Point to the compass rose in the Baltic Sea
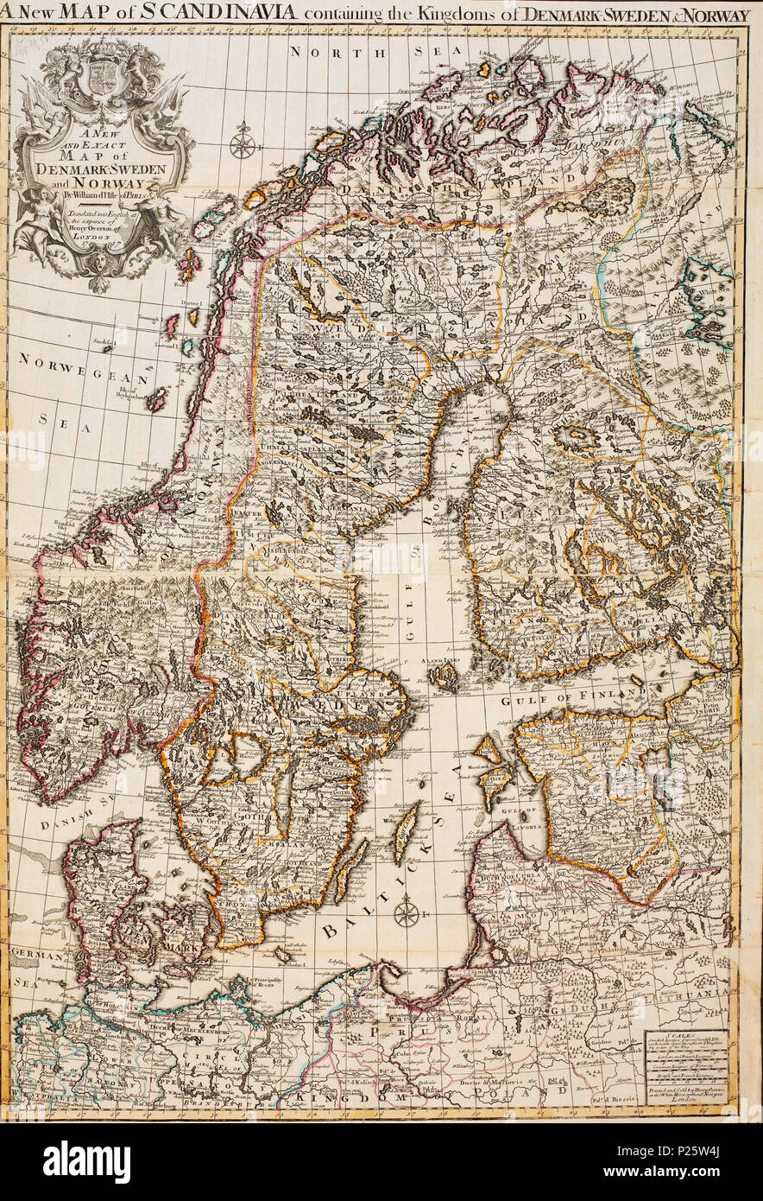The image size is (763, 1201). click(406, 912)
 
